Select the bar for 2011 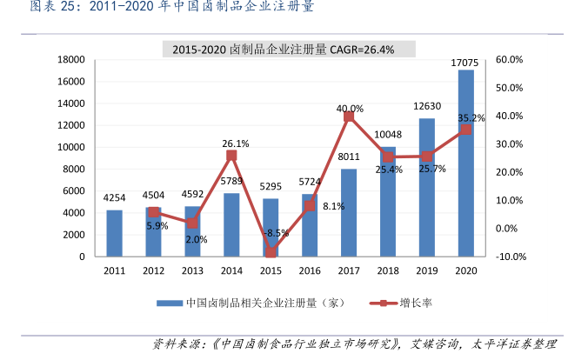click(x=114, y=233)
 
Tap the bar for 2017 click(x=349, y=212)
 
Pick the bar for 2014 click(x=231, y=224)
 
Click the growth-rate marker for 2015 click(x=271, y=252)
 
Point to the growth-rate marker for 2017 click(x=349, y=116)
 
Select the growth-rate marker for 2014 click(x=231, y=155)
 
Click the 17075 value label click(x=465, y=63)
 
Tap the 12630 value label click(x=426, y=108)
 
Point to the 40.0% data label click(x=350, y=109)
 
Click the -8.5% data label click(x=277, y=232)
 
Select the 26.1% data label click(x=236, y=143)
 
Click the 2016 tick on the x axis click(x=310, y=271)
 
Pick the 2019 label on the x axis click(x=426, y=271)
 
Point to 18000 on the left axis click(x=71, y=60)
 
